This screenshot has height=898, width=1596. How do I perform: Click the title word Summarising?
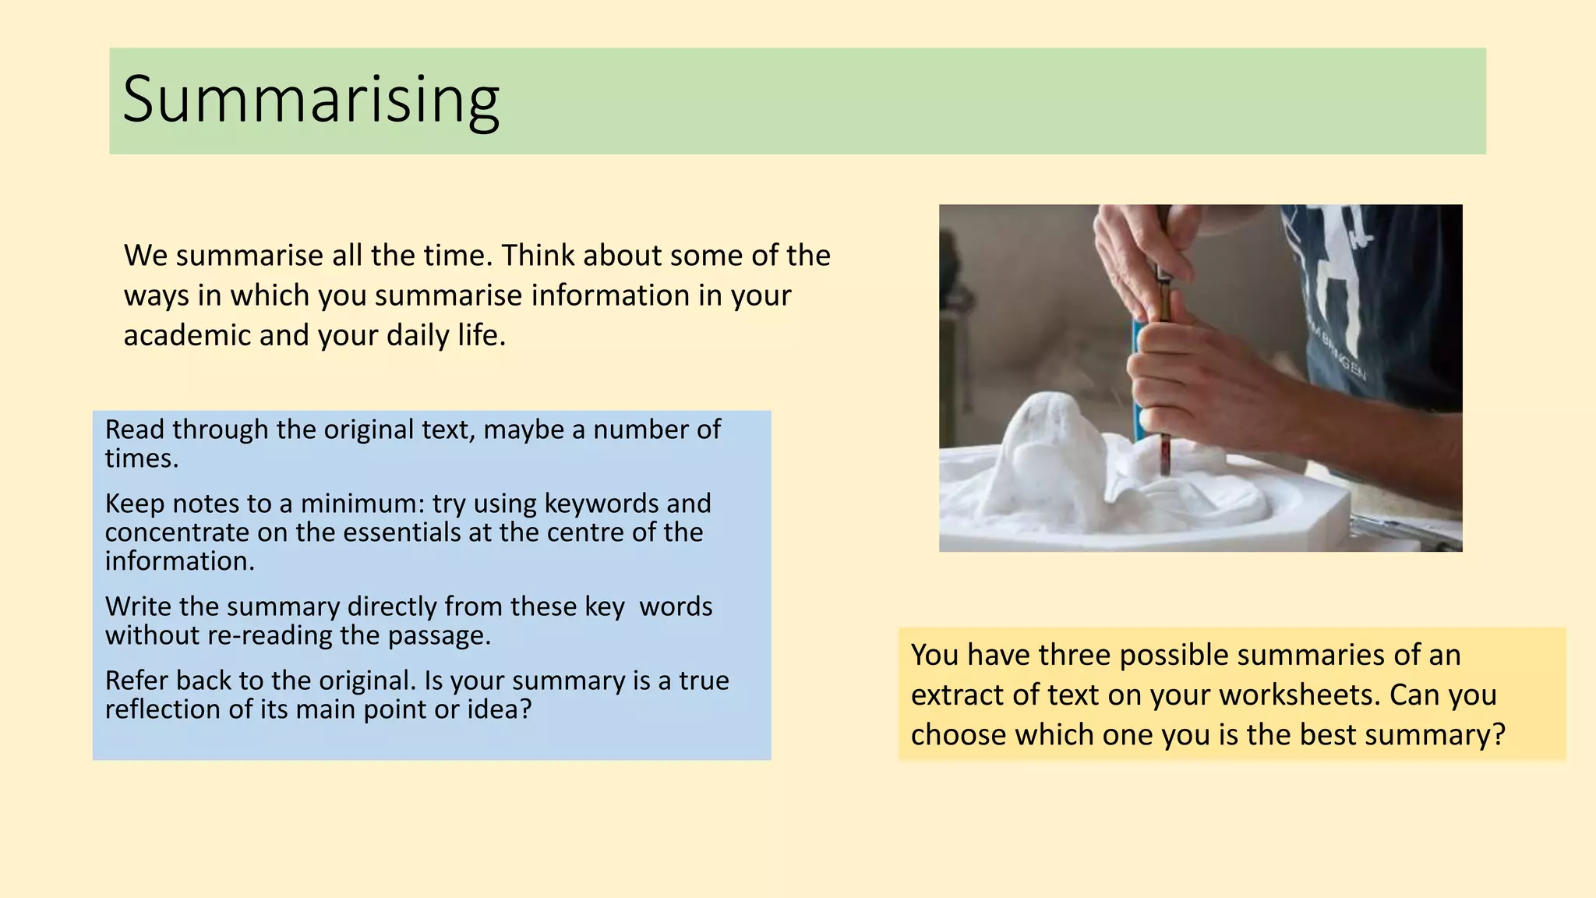[x=310, y=100]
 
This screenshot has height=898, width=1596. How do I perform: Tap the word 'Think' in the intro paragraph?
[x=537, y=256]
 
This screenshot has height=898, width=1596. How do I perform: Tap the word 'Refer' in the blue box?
[x=136, y=681]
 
